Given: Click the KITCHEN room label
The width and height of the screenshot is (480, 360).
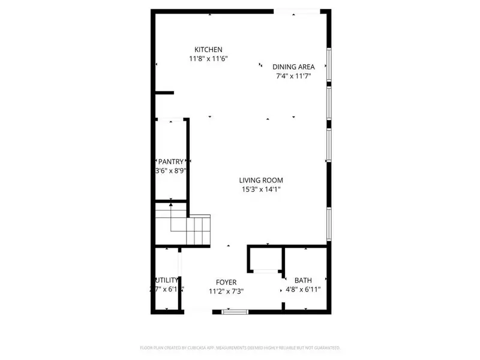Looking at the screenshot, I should (x=209, y=49).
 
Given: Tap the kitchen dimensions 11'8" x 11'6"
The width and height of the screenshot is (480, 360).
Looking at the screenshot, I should (x=209, y=59).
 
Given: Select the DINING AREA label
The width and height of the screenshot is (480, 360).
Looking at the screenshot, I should (x=293, y=67).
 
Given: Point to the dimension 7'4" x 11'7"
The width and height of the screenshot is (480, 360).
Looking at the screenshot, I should (x=293, y=76).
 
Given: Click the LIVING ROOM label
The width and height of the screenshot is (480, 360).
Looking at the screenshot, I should (x=261, y=180).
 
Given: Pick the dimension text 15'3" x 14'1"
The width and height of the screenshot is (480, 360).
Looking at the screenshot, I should (x=261, y=190).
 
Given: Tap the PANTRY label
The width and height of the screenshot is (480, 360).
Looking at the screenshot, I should (x=170, y=161).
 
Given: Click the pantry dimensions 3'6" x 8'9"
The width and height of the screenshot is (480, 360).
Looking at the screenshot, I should (x=170, y=171).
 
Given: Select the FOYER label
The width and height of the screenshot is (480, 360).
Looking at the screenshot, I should (x=226, y=282).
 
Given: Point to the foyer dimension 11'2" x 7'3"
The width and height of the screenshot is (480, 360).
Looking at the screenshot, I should (x=226, y=292).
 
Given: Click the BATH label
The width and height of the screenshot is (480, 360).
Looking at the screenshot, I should (x=302, y=280).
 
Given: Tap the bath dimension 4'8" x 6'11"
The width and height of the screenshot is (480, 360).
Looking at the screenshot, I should (x=302, y=290).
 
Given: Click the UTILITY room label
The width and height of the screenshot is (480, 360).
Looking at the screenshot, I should (x=166, y=280).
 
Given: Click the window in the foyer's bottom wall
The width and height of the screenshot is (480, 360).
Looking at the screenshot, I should (x=234, y=311).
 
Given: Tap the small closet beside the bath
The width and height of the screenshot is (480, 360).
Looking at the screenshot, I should (x=266, y=259).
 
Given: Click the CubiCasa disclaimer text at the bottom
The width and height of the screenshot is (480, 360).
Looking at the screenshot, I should (x=240, y=347).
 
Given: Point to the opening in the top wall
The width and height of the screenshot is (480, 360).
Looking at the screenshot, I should (x=297, y=10).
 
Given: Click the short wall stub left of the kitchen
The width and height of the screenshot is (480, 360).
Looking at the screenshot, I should (x=163, y=92).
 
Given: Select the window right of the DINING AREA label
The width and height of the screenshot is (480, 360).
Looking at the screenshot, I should (x=329, y=65).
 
